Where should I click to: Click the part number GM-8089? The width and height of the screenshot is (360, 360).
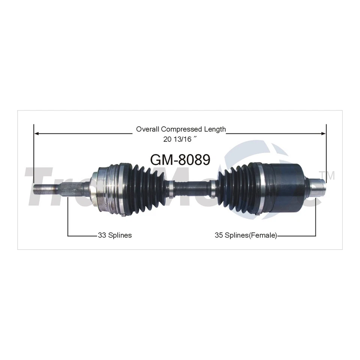click(x=180, y=159)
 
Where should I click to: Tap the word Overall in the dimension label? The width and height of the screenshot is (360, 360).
click(x=148, y=129)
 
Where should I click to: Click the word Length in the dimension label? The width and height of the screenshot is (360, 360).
click(x=215, y=129)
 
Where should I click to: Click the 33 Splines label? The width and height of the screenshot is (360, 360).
click(x=114, y=235)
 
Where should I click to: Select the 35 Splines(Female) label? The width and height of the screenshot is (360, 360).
click(x=246, y=235)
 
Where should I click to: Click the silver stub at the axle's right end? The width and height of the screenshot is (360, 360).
click(x=318, y=186)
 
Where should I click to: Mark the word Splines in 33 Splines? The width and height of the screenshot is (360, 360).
click(x=120, y=235)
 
